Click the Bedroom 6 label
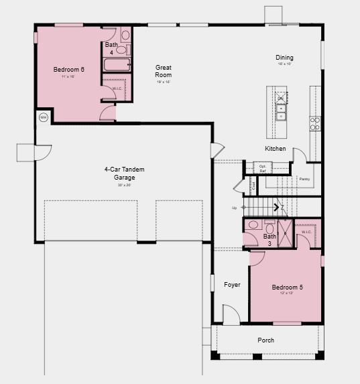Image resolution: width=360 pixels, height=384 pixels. point(68,69)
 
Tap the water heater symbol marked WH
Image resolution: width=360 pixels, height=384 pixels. point(43,117)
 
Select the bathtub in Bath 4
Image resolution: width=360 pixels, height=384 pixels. point(117,65)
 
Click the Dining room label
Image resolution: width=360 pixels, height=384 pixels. point(284,58)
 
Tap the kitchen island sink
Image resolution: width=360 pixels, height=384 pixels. point(282,107)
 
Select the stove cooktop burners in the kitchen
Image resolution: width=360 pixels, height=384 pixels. point(314,123)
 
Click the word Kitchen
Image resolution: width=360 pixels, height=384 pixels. point(275,149)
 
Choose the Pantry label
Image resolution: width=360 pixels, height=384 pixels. point(304,179)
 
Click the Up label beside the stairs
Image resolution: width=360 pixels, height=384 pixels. point(234,208)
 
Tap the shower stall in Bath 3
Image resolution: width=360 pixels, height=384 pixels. point(286,233)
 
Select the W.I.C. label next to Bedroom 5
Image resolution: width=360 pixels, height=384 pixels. point(306,232)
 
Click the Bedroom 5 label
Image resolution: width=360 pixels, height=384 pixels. point(287,287)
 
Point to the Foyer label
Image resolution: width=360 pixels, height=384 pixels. point(232,285)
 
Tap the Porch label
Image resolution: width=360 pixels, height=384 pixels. point(266,340)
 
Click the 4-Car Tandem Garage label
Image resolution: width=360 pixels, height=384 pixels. point(124,174)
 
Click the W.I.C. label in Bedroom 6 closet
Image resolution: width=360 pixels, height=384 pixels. point(117,88)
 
